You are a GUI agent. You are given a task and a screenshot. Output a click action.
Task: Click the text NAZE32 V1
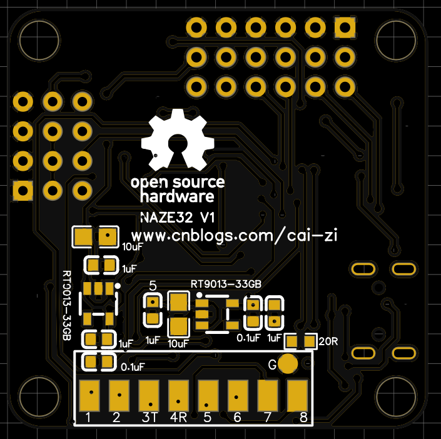click(x=178, y=219)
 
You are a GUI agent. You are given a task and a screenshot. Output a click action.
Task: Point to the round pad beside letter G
click(x=287, y=364)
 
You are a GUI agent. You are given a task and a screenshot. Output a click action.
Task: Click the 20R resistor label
click(x=328, y=341)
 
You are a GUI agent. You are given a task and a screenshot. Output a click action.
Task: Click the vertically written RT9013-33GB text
click(x=67, y=305)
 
